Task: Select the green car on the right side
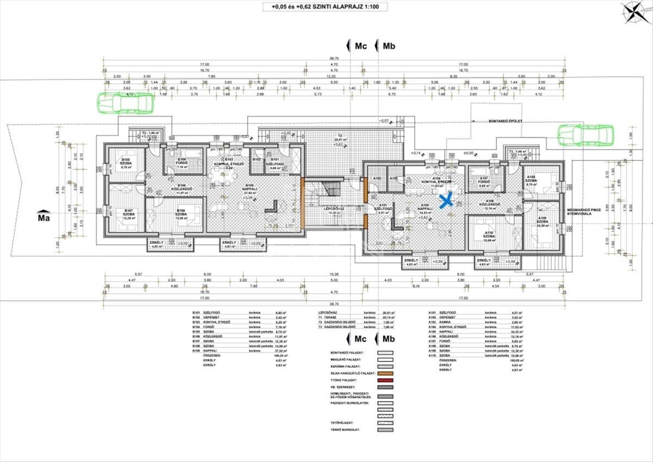tap(586, 133)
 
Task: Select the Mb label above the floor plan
tap(389, 46)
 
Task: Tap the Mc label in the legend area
tap(360, 338)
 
